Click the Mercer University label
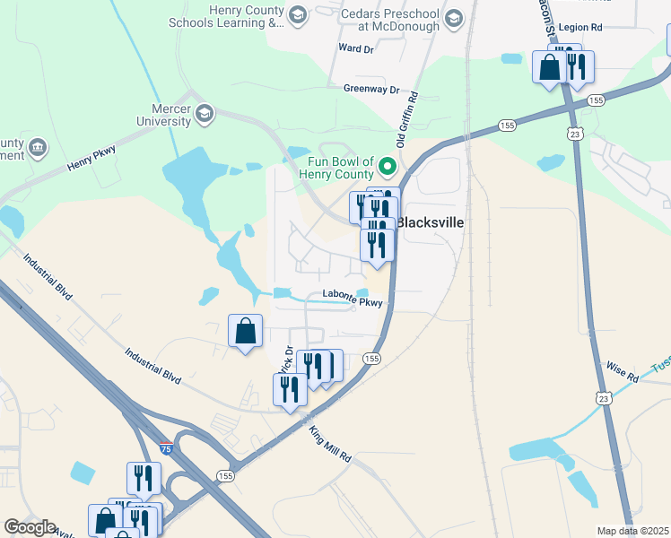tap(164, 113)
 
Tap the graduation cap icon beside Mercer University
tap(205, 113)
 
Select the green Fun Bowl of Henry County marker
tap(388, 165)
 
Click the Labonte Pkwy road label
tap(353, 301)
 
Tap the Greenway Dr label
tap(370, 90)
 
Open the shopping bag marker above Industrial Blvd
tap(245, 332)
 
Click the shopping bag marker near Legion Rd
tap(549, 65)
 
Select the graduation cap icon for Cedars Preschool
tap(454, 19)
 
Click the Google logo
tap(30, 527)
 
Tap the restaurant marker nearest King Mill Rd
tap(290, 390)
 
